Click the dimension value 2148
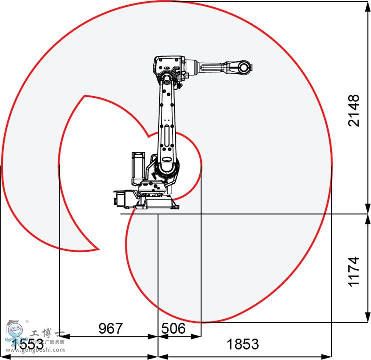point(354,110)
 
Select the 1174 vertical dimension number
point(354,271)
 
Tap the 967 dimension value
point(110,328)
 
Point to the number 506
point(173,328)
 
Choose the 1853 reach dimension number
point(243,344)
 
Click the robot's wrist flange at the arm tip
point(244,67)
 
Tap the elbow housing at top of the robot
point(169,67)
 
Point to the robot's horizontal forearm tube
point(212,66)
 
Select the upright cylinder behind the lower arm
point(137,168)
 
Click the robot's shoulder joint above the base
point(167,167)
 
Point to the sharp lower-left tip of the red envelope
point(98,248)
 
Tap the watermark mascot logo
point(14,332)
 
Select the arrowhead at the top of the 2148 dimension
point(367,5)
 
